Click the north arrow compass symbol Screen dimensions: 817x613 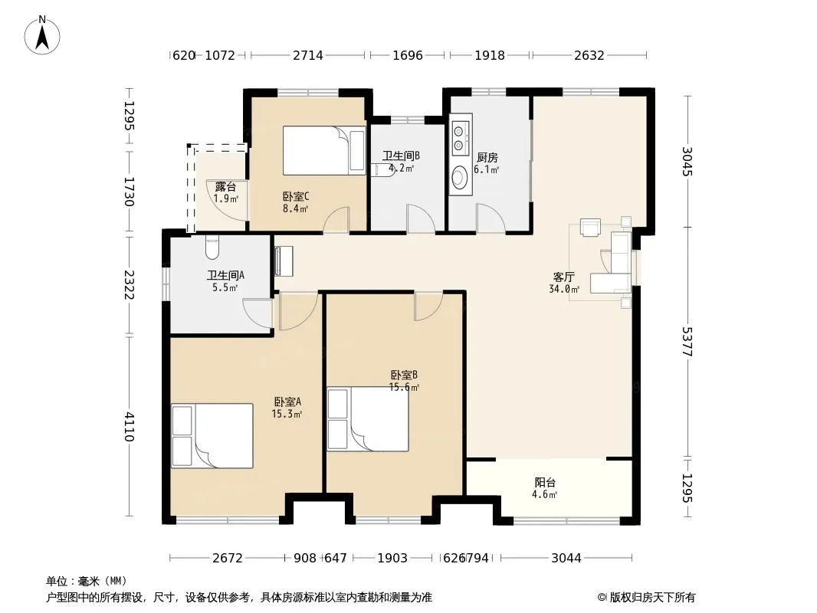(42, 35)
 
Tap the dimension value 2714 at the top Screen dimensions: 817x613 (308, 55)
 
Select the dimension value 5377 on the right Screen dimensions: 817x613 (687, 342)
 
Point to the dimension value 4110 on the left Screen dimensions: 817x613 (130, 427)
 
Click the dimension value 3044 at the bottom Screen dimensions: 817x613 (566, 559)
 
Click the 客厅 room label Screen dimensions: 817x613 (564, 277)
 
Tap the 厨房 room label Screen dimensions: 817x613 (487, 157)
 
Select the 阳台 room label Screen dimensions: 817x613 (545, 483)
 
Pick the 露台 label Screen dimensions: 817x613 (225, 186)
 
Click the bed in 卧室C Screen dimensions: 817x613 (324, 150)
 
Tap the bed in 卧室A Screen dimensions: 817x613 (212, 436)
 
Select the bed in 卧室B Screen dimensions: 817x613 (368, 418)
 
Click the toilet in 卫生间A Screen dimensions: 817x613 (212, 247)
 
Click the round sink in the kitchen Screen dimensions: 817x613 (460, 177)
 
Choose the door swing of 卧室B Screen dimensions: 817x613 (429, 307)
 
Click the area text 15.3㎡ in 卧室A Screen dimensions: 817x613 (287, 415)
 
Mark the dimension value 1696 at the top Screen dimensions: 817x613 (408, 55)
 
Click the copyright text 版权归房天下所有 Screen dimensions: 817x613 (652, 598)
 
